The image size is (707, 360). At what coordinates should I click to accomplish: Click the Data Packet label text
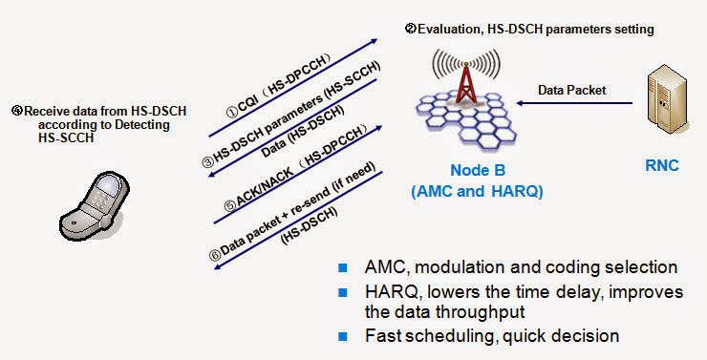[569, 91]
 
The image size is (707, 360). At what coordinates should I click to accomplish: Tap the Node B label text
[476, 172]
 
